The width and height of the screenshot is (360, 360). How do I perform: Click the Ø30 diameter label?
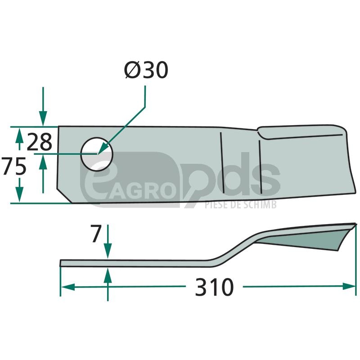(x=146, y=70)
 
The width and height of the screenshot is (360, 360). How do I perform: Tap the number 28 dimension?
(x=40, y=142)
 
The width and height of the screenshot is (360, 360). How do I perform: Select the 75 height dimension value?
(x=13, y=166)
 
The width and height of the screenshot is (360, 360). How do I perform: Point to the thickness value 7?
(x=96, y=233)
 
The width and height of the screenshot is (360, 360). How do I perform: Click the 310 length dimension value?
(x=214, y=287)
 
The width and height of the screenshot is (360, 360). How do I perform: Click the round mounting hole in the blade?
(x=97, y=154)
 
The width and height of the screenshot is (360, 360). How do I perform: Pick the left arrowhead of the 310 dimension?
(x=68, y=287)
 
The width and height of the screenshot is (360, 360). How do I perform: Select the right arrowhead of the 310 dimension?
(x=349, y=286)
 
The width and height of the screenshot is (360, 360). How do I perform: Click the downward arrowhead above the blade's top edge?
(x=43, y=118)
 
